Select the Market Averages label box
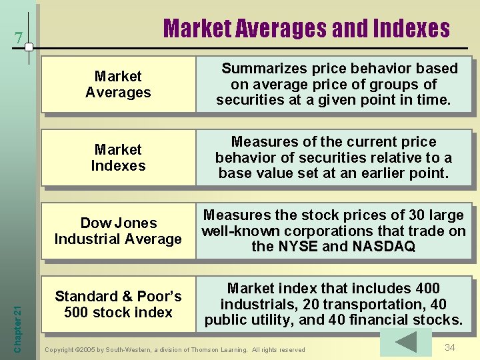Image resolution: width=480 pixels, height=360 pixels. coord(118,85)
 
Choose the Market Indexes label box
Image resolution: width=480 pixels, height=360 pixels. coord(118,158)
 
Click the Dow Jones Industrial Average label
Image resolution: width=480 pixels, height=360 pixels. coord(118,231)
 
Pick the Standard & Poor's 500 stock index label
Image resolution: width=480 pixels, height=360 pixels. coord(118,305)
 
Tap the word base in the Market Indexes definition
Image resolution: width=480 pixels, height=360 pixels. coord(236,174)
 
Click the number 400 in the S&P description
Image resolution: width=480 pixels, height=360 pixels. coord(427,289)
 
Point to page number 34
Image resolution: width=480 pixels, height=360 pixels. coord(450,347)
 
